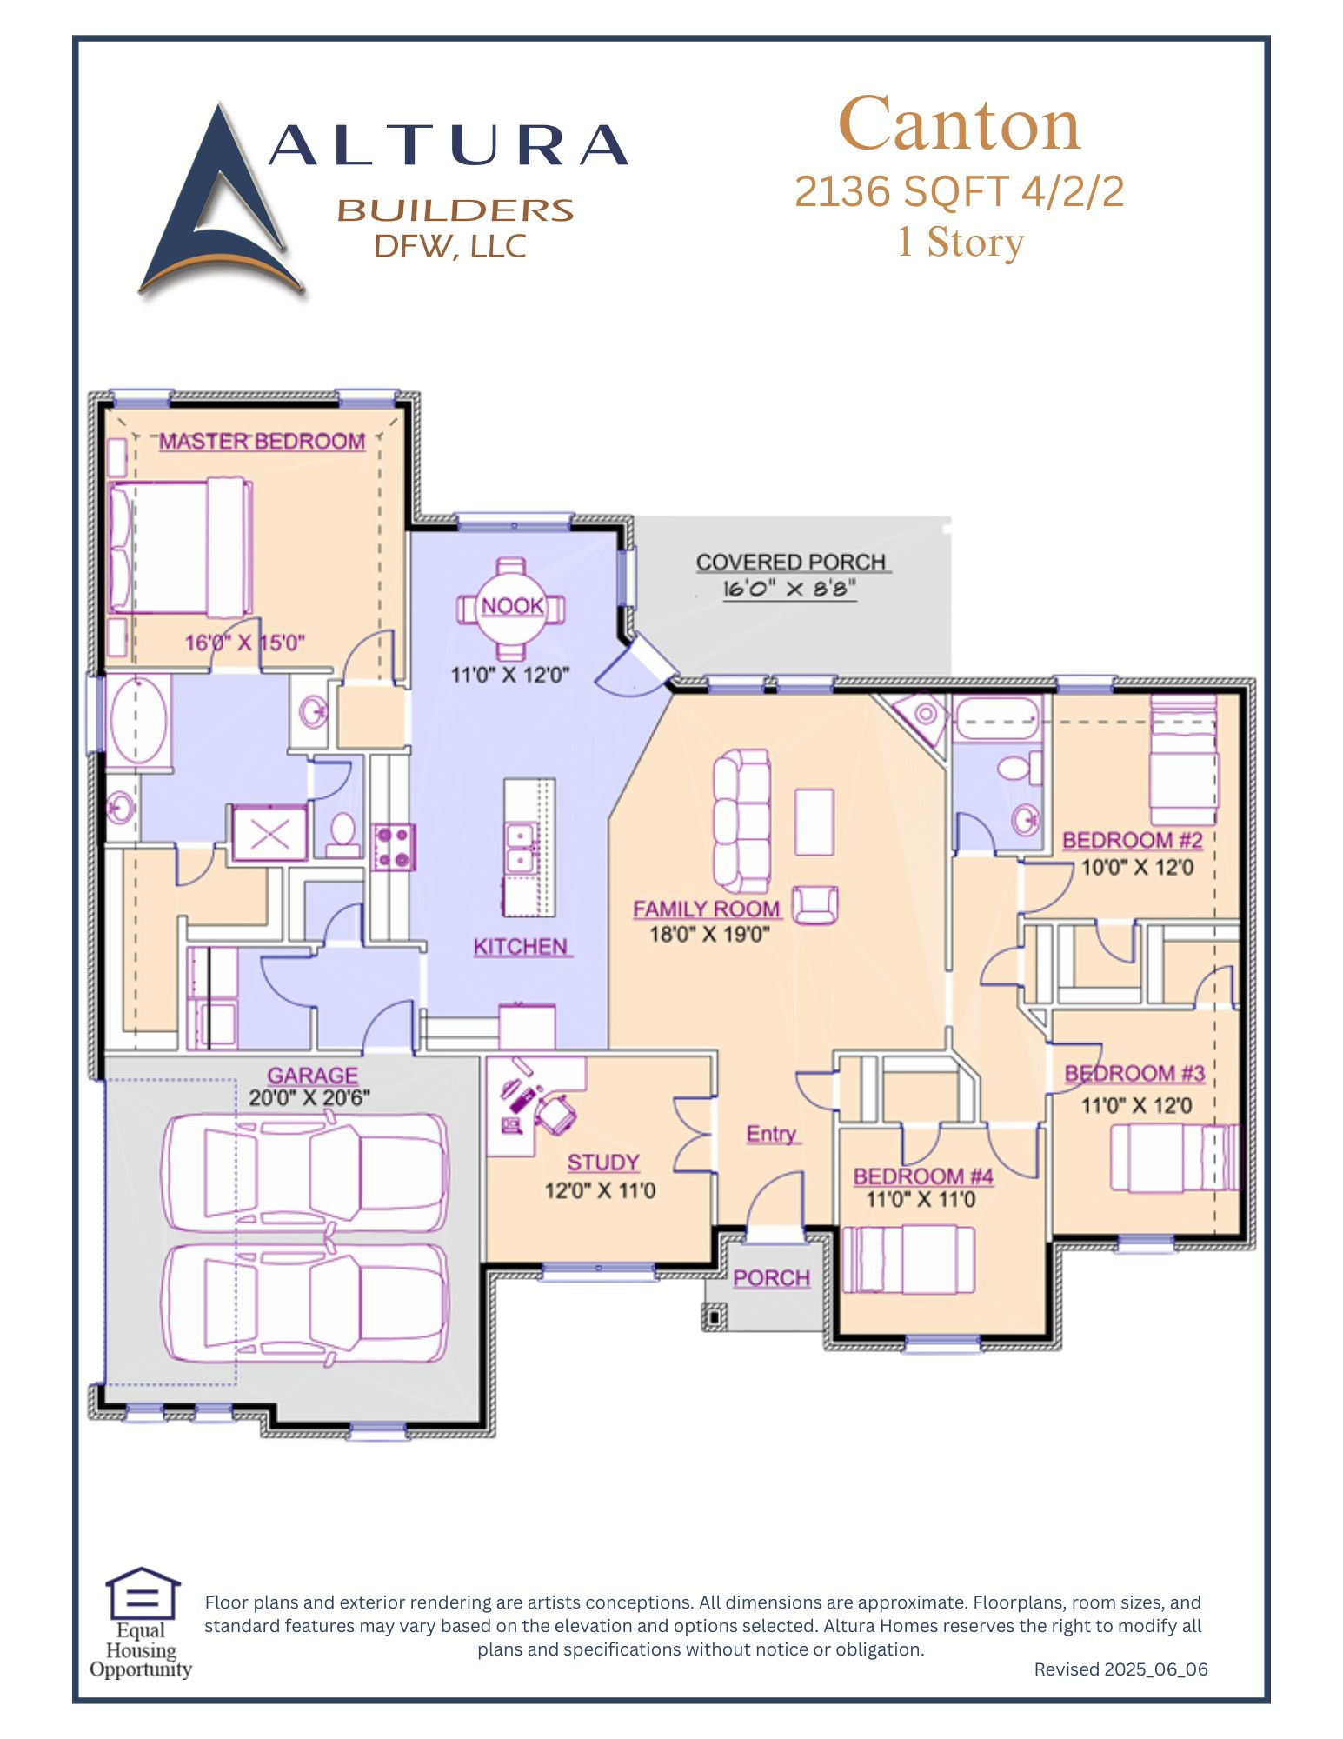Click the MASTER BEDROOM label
pyautogui.click(x=262, y=442)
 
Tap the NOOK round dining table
pyautogui.click(x=512, y=606)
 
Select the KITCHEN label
pyautogui.click(x=521, y=947)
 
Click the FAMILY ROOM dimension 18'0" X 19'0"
pyautogui.click(x=710, y=935)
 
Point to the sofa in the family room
pyautogui.click(x=741, y=821)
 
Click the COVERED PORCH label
pyautogui.click(x=791, y=563)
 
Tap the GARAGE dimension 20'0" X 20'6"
pyautogui.click(x=309, y=1097)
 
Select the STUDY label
pyautogui.click(x=603, y=1163)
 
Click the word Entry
pyautogui.click(x=772, y=1134)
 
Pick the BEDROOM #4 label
pyautogui.click(x=923, y=1176)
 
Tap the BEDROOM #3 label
pyautogui.click(x=1134, y=1074)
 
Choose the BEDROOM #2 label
pyautogui.click(x=1133, y=841)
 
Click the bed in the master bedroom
pyautogui.click(x=180, y=547)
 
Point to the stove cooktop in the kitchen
pyautogui.click(x=394, y=847)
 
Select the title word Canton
pyautogui.click(x=960, y=123)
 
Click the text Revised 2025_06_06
pyautogui.click(x=1120, y=1669)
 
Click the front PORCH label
pyautogui.click(x=771, y=1278)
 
